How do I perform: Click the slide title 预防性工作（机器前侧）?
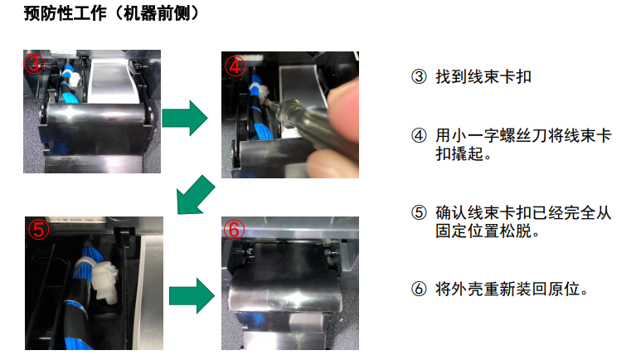pyautogui.click(x=112, y=13)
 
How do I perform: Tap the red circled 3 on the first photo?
pyautogui.click(x=34, y=64)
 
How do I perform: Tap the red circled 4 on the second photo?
pyautogui.click(x=235, y=66)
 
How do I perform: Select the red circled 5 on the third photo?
pyautogui.click(x=38, y=229)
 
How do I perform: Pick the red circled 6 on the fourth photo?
pyautogui.click(x=234, y=229)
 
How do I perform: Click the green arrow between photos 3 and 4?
pyautogui.click(x=185, y=118)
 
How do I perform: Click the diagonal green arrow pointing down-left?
pyautogui.click(x=195, y=196)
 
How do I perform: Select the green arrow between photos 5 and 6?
pyautogui.click(x=192, y=296)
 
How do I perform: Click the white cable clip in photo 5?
pyautogui.click(x=104, y=281)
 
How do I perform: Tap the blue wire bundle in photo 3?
pyautogui.click(x=65, y=85)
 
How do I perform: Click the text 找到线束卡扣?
pyautogui.click(x=483, y=76)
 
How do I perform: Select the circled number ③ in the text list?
pyautogui.click(x=419, y=76)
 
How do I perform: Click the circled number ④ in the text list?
pyautogui.click(x=419, y=135)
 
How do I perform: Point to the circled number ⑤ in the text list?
pyautogui.click(x=419, y=212)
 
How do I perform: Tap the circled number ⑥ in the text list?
pyautogui.click(x=419, y=289)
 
